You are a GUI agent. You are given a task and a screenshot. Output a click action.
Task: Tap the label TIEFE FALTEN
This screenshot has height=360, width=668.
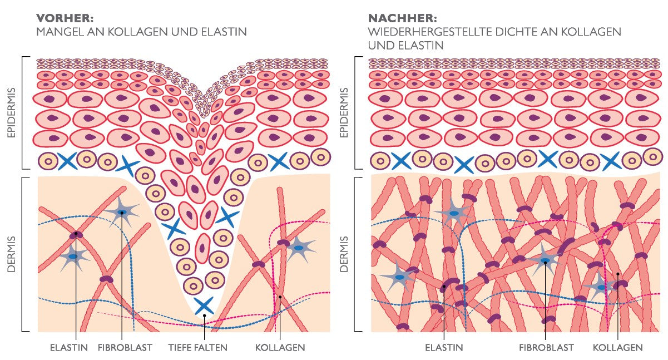tap(197, 347)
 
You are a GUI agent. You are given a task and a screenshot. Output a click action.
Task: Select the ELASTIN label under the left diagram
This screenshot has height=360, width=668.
tap(69, 347)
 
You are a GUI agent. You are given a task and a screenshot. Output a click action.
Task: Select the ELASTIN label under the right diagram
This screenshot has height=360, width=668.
tap(444, 347)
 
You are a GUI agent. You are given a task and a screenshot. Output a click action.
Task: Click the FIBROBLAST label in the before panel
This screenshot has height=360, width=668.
tap(125, 347)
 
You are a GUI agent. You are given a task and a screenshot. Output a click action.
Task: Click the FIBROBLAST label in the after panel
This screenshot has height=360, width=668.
tap(546, 347)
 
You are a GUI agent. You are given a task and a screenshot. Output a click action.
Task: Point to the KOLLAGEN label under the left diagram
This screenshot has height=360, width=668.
tap(280, 347)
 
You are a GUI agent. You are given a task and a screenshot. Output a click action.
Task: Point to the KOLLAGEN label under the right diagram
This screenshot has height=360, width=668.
tap(617, 347)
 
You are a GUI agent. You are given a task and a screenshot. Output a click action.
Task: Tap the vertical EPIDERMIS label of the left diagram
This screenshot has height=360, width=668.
tap(11, 113)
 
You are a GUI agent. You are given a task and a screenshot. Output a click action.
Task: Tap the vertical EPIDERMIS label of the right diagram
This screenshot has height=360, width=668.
tap(344, 113)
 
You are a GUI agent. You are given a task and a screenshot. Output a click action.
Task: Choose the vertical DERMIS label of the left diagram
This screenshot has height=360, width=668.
tap(11, 254)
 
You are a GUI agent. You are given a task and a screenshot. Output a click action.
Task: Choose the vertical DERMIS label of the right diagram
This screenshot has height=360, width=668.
tap(344, 254)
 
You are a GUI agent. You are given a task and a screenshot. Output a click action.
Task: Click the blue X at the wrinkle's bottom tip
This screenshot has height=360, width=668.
tap(204, 305)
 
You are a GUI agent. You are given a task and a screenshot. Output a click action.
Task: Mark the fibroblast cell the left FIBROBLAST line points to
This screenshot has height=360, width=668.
tap(121, 212)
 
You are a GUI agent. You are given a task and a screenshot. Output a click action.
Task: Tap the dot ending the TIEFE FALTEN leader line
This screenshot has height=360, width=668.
tap(204, 315)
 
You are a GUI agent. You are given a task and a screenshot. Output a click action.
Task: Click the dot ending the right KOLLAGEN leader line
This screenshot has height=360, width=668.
tap(617, 274)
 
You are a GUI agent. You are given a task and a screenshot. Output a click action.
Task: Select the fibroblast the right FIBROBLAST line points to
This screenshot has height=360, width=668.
tap(545, 260)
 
